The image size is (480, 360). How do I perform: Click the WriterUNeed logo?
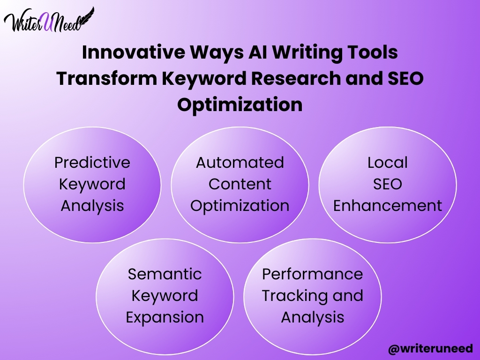coord(49,20)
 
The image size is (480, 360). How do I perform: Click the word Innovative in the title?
coord(134,52)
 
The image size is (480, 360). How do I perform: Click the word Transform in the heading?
coord(106,78)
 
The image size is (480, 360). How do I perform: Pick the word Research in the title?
coord(296,78)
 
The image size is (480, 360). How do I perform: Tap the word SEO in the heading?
coord(405,78)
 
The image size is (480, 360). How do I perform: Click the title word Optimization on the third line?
coord(240,105)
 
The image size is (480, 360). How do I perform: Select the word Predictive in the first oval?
coord(92,162)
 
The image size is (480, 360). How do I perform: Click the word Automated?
coord(240,162)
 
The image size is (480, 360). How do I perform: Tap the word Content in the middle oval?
coord(240,184)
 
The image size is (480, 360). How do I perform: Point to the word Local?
coord(388,162)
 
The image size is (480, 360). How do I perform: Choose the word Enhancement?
coord(388,205)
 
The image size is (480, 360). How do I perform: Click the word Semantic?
coord(165,274)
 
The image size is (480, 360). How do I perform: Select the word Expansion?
coord(165,317)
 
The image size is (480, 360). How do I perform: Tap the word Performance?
coord(313,274)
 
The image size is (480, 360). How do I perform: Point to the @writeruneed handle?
coord(430,348)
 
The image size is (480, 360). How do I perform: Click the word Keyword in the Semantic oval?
coord(165,296)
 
